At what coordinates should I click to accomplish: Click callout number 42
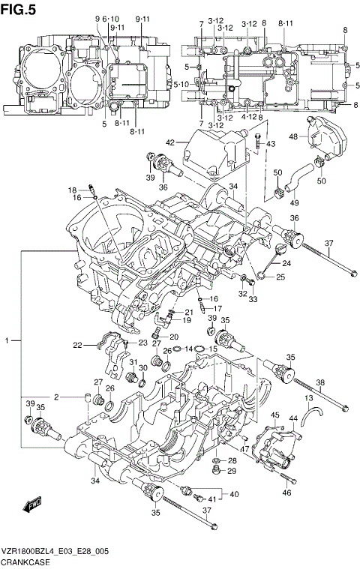coord(170,142)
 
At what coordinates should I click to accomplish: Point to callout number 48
coord(294,136)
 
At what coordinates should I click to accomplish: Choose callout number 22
coord(77,345)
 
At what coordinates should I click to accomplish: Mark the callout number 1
coord(7,341)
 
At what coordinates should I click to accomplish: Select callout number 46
coord(286,493)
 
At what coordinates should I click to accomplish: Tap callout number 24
coord(286,263)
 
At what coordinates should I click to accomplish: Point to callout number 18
coord(73,190)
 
